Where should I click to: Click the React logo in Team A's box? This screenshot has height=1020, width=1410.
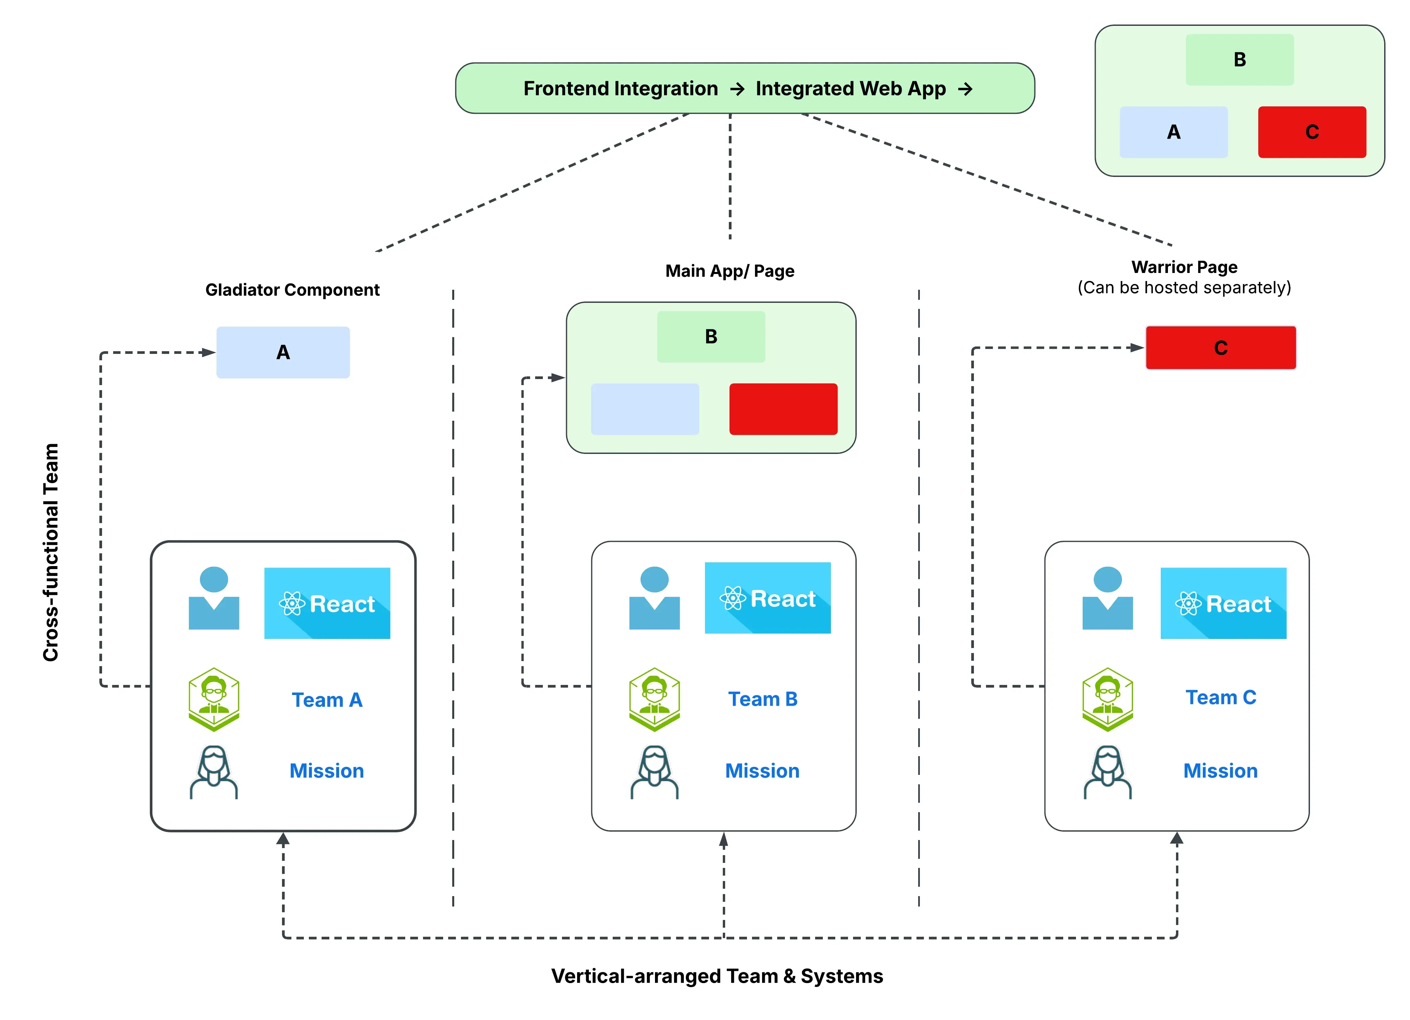coord(327,603)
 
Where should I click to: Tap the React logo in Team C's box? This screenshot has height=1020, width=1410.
coord(1223,603)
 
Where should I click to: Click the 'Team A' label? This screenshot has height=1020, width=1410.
coord(327,700)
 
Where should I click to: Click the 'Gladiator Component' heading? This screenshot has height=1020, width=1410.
coord(292,290)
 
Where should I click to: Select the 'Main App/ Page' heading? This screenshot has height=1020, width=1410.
coord(729,271)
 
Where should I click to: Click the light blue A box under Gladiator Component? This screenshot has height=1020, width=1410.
coord(283,353)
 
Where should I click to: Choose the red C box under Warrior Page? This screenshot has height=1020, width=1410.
coord(1220,347)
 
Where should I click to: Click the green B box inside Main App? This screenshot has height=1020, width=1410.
coord(711,336)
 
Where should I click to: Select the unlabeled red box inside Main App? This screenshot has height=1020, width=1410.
coord(783,409)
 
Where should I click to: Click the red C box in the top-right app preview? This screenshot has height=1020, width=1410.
coord(1312,132)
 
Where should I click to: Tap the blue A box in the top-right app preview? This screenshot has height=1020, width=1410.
coord(1173,132)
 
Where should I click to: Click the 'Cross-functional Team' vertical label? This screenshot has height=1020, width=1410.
coord(51,552)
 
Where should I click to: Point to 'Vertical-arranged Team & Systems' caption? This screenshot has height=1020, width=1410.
coord(717,976)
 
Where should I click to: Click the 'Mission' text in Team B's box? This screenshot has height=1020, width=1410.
coord(762,771)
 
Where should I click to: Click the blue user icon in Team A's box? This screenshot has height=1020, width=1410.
coord(214,598)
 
